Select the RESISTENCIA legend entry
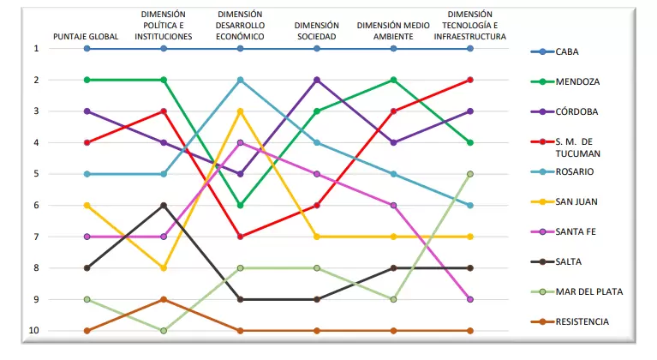point(570,322)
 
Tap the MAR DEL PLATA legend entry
point(576,291)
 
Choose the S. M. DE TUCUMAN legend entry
point(565,147)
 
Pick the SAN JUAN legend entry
point(564,201)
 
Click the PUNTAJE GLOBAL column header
point(86,37)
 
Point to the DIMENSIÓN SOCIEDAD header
point(317,31)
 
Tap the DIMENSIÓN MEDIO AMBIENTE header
point(393,31)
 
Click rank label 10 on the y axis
point(34,330)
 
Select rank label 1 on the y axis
point(37,49)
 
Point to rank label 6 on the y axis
point(37,206)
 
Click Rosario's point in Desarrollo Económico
point(240,80)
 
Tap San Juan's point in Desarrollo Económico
point(240,111)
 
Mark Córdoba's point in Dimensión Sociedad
point(317,80)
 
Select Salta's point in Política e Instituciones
point(164,206)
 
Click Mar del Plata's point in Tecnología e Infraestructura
point(470,174)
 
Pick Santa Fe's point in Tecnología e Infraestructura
point(470,299)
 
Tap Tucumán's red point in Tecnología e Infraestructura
point(470,80)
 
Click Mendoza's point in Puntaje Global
point(87,80)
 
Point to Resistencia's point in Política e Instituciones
point(164,299)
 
